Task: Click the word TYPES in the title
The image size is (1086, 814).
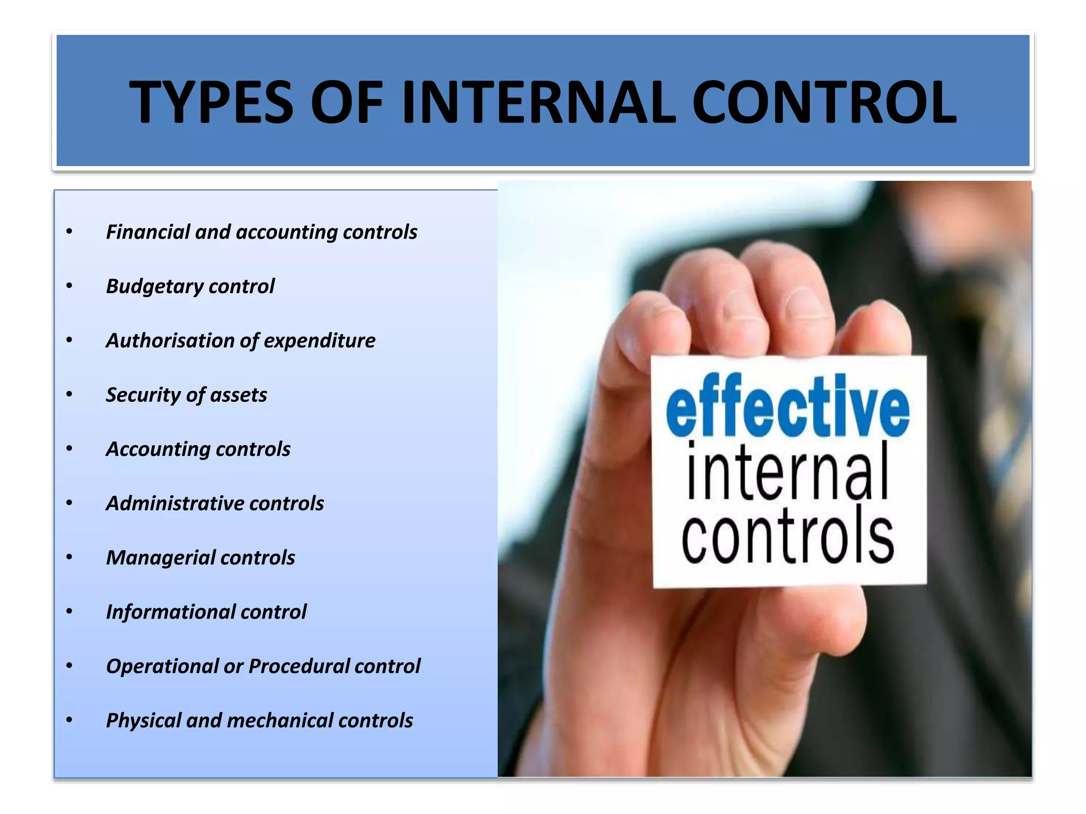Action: pyautogui.click(x=211, y=102)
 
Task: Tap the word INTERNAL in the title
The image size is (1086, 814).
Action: pyautogui.click(x=538, y=102)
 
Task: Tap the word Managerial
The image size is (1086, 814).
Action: pyautogui.click(x=160, y=558)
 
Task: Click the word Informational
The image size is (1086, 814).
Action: pyautogui.click(x=170, y=612)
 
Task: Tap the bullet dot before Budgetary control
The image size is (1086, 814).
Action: pyautogui.click(x=69, y=286)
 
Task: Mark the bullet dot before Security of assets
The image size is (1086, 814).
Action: pyautogui.click(x=69, y=395)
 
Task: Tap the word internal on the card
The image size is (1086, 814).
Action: pyautogui.click(x=787, y=472)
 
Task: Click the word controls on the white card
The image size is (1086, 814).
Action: pyautogui.click(x=787, y=535)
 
